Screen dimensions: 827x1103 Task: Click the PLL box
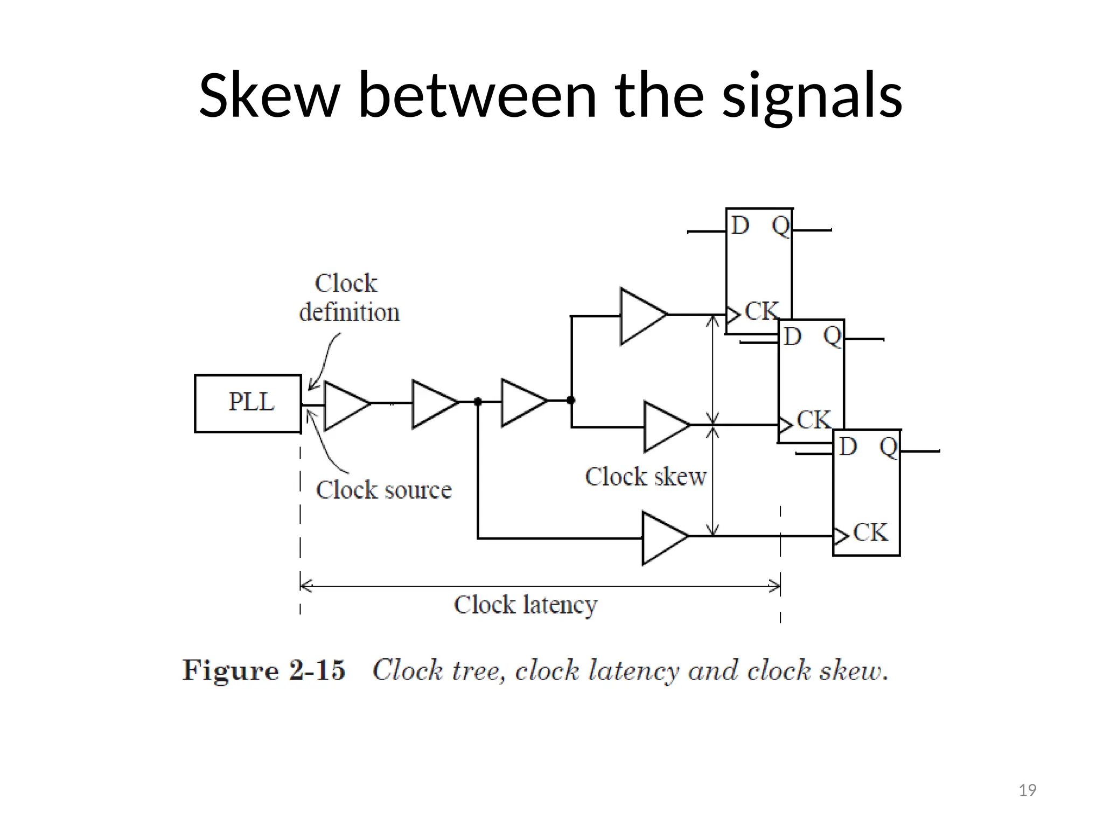[x=248, y=403]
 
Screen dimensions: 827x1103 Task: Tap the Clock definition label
[x=348, y=298]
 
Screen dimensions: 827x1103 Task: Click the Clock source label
[x=383, y=490]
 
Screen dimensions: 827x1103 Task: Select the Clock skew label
[x=645, y=477]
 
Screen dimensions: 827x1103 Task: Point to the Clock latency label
[x=525, y=605]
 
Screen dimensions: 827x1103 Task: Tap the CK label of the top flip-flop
[x=761, y=311]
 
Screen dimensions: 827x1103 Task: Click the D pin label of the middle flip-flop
[x=792, y=337]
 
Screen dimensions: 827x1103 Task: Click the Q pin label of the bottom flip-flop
[x=888, y=447]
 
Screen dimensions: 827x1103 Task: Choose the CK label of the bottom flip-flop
[x=870, y=532]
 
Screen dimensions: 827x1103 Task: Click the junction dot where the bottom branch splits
[x=478, y=402]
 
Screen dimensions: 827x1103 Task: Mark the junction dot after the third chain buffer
[x=571, y=400]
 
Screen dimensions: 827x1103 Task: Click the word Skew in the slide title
[x=269, y=96]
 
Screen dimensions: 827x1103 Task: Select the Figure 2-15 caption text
[x=534, y=671]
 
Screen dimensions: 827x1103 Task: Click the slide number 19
[x=1027, y=790]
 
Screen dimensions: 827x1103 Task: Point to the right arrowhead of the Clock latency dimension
[x=777, y=586]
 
